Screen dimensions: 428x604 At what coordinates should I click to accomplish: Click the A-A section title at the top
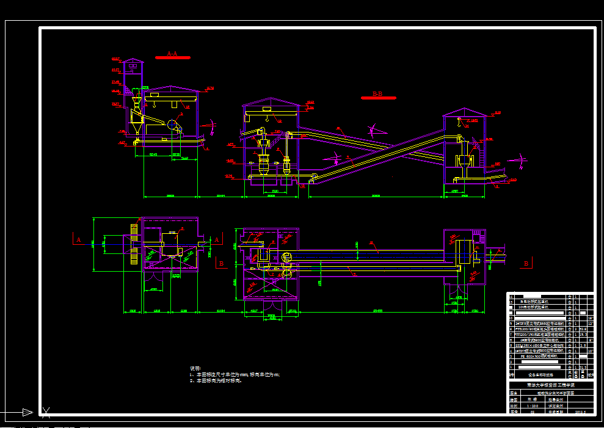[172, 54]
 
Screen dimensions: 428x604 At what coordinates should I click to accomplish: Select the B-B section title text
[377, 94]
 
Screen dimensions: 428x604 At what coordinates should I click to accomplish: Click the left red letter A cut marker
[78, 240]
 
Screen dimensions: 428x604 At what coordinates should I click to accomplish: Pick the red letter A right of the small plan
[216, 240]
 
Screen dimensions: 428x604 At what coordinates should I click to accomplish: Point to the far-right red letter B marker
[525, 264]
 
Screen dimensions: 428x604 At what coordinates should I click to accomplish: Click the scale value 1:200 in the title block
[533, 405]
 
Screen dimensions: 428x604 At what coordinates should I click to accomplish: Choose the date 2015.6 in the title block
[580, 412]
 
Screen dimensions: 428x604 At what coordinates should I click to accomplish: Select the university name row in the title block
[550, 385]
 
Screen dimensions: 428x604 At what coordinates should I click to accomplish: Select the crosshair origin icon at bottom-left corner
[45, 412]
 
